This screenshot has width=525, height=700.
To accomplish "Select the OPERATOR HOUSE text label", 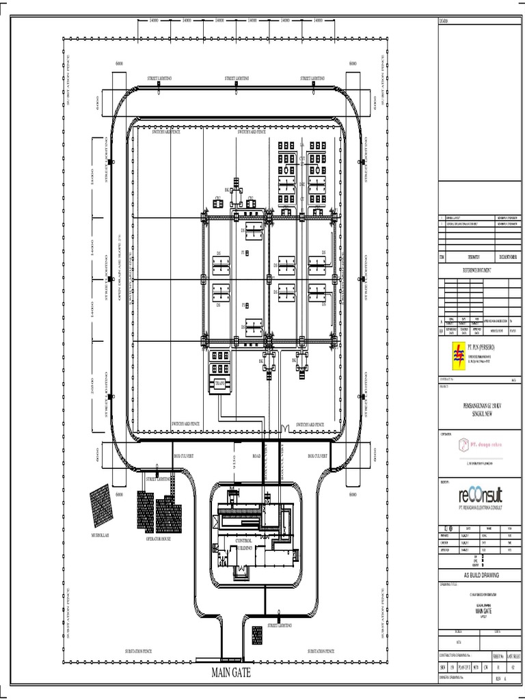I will click(158, 539).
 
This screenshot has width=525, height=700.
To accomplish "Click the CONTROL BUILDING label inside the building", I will click(244, 544).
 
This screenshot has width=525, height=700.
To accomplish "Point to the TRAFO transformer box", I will click(220, 384).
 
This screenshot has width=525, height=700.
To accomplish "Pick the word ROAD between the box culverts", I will click(257, 455).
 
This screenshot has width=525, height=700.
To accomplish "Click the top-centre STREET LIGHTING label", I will click(237, 79).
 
